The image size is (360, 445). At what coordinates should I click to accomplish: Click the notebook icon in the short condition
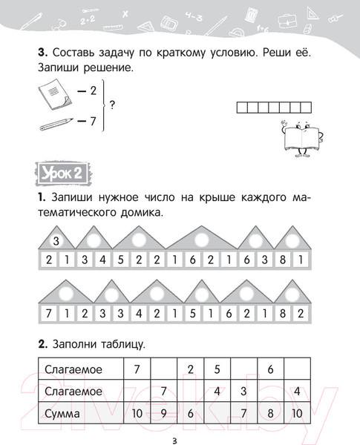(50, 94)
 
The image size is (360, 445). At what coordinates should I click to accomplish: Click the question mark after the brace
(111, 104)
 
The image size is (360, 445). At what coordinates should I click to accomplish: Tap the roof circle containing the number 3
(56, 240)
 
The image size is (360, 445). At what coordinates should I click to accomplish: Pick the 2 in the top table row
(190, 369)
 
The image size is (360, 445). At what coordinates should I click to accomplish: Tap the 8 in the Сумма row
(271, 412)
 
